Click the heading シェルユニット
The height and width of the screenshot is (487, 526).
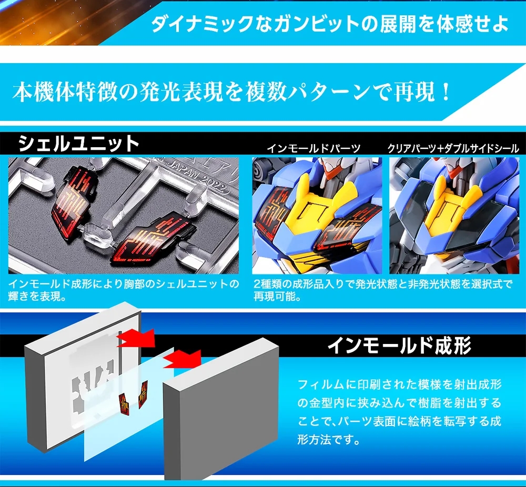[78, 144]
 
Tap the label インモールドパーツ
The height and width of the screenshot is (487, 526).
[313, 148]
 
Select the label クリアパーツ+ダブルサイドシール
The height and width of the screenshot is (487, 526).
[453, 148]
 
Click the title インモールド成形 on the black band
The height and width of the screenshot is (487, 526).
[399, 346]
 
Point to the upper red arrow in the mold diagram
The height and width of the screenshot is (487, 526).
[137, 338]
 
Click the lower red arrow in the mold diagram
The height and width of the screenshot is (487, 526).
[183, 359]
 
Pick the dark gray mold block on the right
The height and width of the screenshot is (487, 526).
[221, 409]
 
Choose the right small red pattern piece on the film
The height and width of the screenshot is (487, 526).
[143, 391]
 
